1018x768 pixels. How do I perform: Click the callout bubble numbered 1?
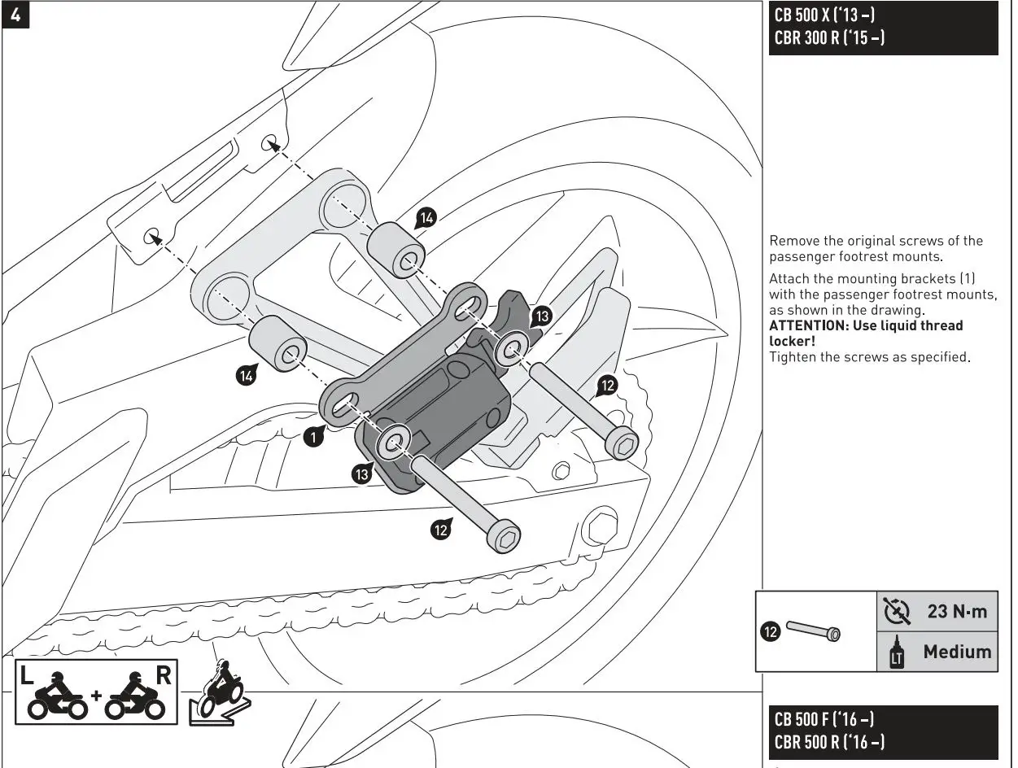312,438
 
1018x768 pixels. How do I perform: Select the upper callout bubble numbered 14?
426,217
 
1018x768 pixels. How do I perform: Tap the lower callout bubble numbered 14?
245,375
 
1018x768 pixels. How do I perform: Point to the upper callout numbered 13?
541,316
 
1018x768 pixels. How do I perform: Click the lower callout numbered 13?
362,474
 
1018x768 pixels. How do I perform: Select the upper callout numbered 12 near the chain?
606,385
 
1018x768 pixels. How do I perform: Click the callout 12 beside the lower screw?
440,530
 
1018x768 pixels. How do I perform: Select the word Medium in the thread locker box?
957,651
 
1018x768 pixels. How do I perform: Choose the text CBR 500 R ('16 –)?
829,742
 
